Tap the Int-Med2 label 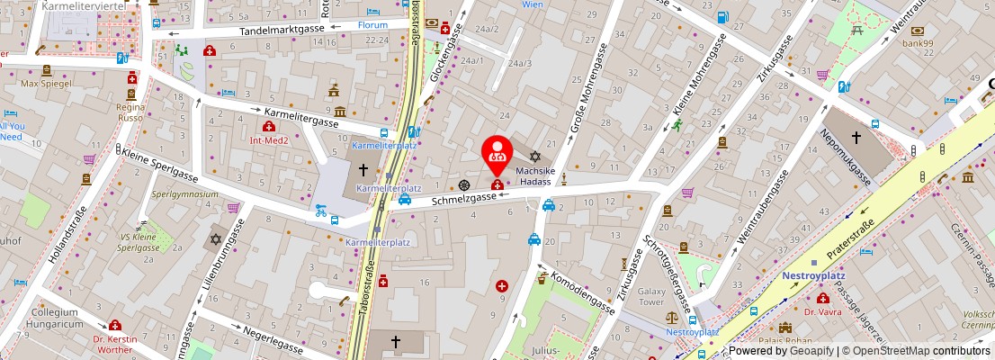click(x=269, y=140)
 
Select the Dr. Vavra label click(x=821, y=311)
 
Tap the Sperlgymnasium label click(x=185, y=193)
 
